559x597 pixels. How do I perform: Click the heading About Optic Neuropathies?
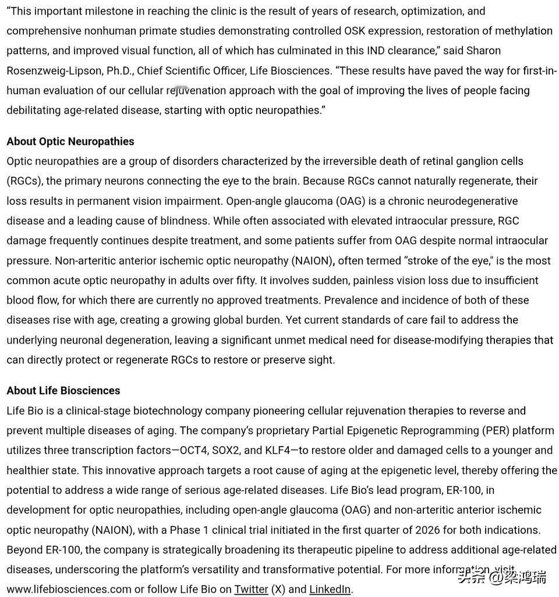click(x=70, y=142)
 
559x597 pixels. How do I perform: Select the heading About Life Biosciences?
click(x=63, y=391)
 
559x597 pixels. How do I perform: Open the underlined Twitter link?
click(x=252, y=589)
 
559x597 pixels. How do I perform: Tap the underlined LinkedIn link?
click(x=330, y=589)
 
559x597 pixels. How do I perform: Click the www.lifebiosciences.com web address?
click(x=69, y=589)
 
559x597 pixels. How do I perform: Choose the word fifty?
click(x=243, y=280)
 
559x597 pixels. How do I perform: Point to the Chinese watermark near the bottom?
click(x=501, y=577)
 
